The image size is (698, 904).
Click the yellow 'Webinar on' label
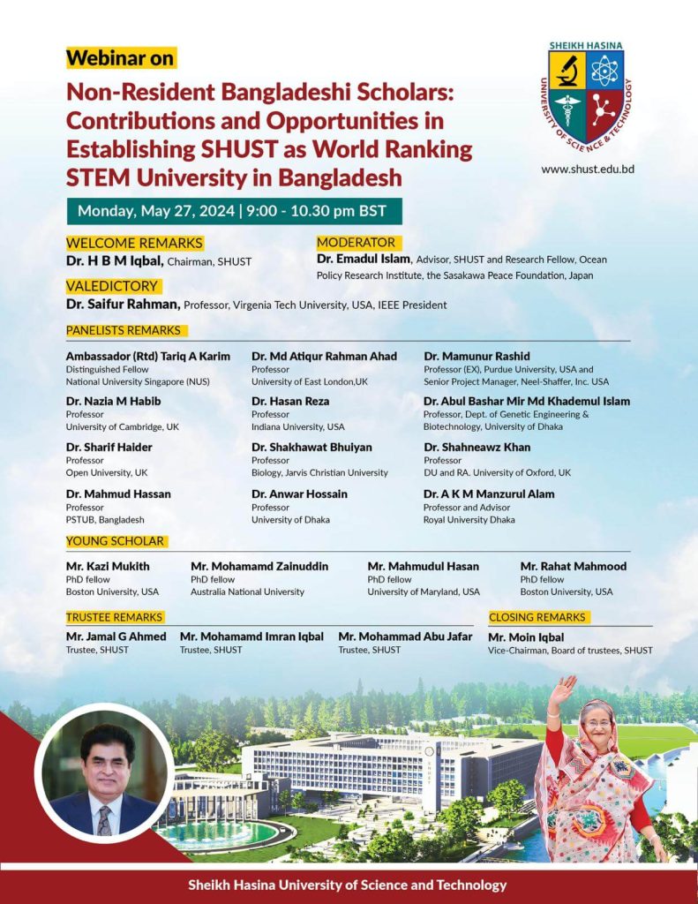coord(121,58)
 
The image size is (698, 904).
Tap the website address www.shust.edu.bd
coord(588,169)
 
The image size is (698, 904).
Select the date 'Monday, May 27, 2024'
coord(156,211)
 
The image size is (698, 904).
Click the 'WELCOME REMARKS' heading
coord(134,243)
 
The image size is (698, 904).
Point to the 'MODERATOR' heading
coord(356,242)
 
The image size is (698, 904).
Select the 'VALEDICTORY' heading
coord(112,286)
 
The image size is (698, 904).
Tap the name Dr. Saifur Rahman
coord(123,305)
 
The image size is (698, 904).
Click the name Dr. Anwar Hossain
coord(299,493)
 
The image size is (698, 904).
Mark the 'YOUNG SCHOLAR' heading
coord(116,541)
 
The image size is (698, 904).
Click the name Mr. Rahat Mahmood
coord(573,566)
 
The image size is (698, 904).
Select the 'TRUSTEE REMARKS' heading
coord(115,617)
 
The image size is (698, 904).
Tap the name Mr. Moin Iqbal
coord(526,637)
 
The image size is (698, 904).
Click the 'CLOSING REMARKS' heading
coord(537,617)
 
